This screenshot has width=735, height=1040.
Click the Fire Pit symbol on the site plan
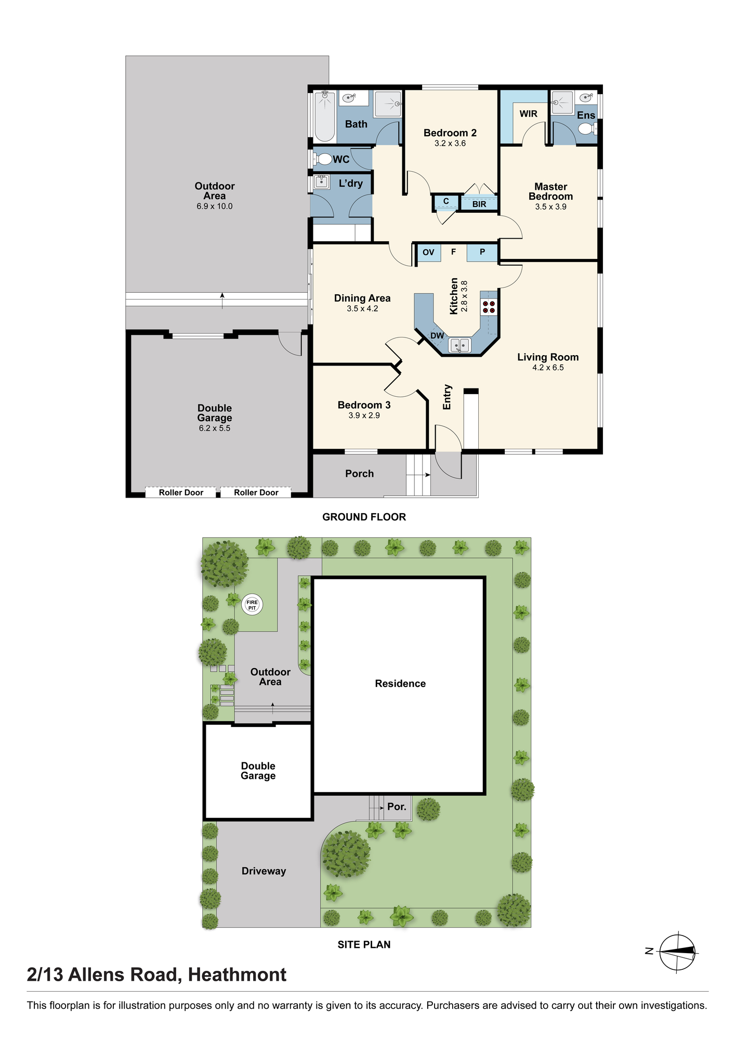[252, 605]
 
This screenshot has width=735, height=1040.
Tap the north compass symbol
[677, 952]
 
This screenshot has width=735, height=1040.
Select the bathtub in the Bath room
[325, 116]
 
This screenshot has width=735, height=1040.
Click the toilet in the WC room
[323, 159]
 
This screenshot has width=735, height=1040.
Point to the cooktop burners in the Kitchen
[489, 307]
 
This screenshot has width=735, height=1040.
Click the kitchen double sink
[460, 345]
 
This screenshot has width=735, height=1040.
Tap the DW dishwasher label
[437, 336]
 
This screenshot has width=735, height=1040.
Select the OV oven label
[428, 253]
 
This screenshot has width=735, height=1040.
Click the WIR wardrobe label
[528, 114]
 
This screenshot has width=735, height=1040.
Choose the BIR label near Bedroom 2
[479, 204]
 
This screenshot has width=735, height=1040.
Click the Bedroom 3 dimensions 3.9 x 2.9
[364, 415]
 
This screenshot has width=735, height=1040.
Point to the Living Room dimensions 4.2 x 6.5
[548, 368]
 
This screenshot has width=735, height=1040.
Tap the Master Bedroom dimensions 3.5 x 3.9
[550, 207]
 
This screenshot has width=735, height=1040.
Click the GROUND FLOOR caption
[364, 517]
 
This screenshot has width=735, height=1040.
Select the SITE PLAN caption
[364, 944]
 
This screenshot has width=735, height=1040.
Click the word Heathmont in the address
[237, 974]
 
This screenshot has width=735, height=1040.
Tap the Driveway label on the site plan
[264, 871]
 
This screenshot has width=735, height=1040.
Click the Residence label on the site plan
[400, 683]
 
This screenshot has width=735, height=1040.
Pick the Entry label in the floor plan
[447, 397]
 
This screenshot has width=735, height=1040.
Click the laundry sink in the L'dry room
[322, 182]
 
